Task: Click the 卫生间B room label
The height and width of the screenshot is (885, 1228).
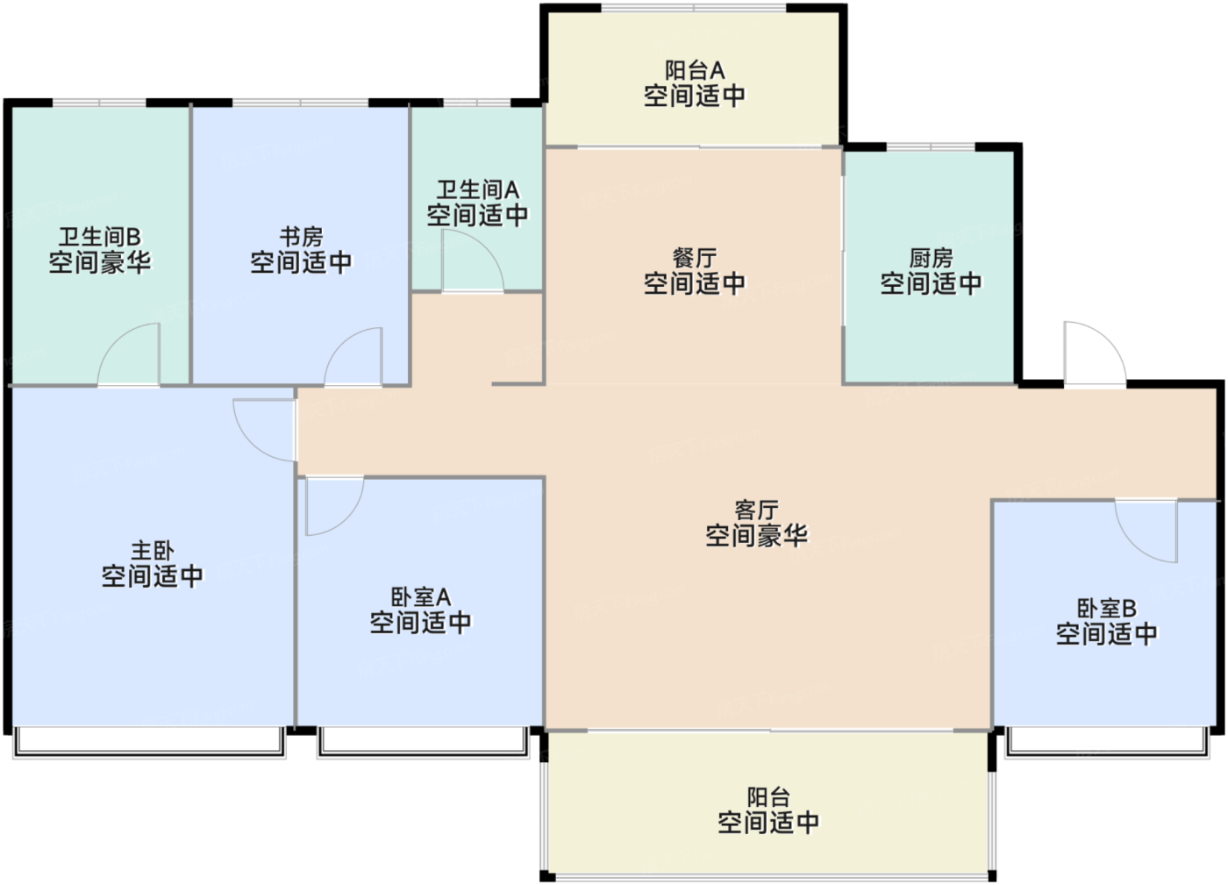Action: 100,237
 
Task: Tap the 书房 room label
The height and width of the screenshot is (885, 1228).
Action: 301,237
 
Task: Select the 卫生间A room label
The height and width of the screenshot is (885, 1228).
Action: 477,189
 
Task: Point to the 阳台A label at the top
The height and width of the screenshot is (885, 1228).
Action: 695,70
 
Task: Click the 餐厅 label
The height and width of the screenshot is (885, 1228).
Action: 695,258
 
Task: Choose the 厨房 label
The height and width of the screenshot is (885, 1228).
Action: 931,258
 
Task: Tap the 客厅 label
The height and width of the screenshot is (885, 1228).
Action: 756,510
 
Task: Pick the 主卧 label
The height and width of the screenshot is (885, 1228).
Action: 153,551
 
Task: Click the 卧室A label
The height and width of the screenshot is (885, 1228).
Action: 420,597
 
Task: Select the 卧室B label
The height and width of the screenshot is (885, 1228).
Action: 1107,609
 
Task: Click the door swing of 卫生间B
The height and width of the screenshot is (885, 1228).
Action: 116,340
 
